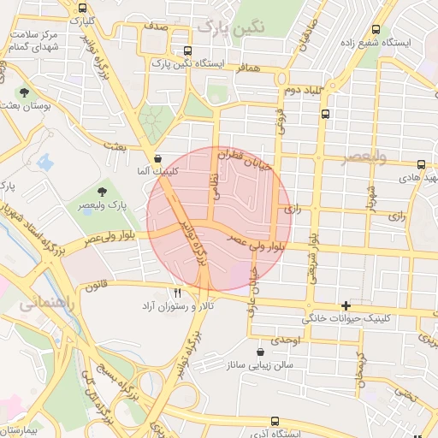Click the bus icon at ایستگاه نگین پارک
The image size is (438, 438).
coord(187,50)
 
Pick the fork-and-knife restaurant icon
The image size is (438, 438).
coord(177,293)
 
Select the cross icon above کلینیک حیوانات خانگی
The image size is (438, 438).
coord(346,305)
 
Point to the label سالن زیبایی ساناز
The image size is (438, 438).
coord(260,364)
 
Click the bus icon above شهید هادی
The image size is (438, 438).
coord(420,165)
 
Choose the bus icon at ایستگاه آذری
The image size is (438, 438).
coord(274,421)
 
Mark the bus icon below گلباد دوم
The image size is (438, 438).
coord(325,112)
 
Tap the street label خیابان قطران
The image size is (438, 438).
coord(243,158)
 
